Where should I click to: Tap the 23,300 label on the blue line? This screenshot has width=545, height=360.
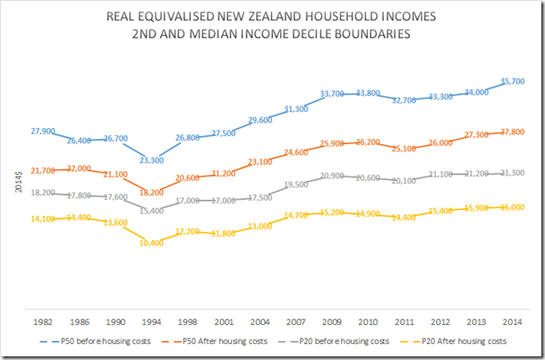point(152,159)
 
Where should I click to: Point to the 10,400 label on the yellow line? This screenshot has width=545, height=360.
point(152,244)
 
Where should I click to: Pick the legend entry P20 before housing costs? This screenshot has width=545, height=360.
point(334,341)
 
